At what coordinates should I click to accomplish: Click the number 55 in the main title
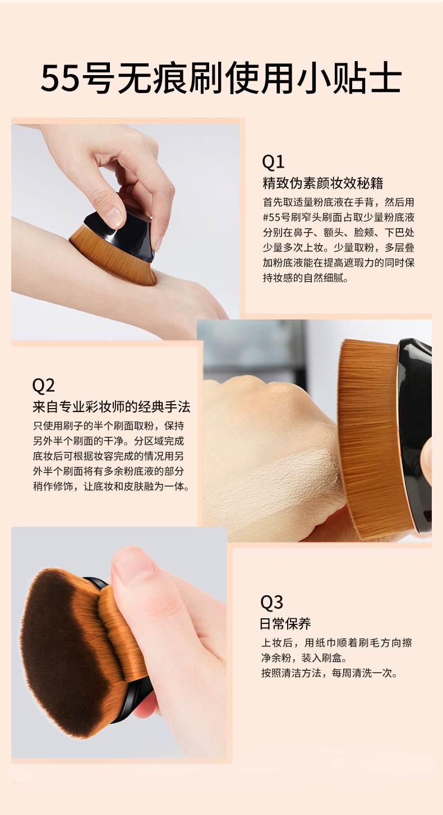(60, 79)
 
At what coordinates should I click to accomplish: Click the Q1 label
(273, 162)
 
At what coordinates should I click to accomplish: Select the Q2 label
(43, 386)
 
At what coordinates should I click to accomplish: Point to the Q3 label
(272, 603)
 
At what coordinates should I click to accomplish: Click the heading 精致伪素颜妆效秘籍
(322, 184)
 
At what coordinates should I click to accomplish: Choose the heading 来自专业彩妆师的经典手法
(111, 407)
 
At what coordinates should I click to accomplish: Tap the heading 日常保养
(285, 623)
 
